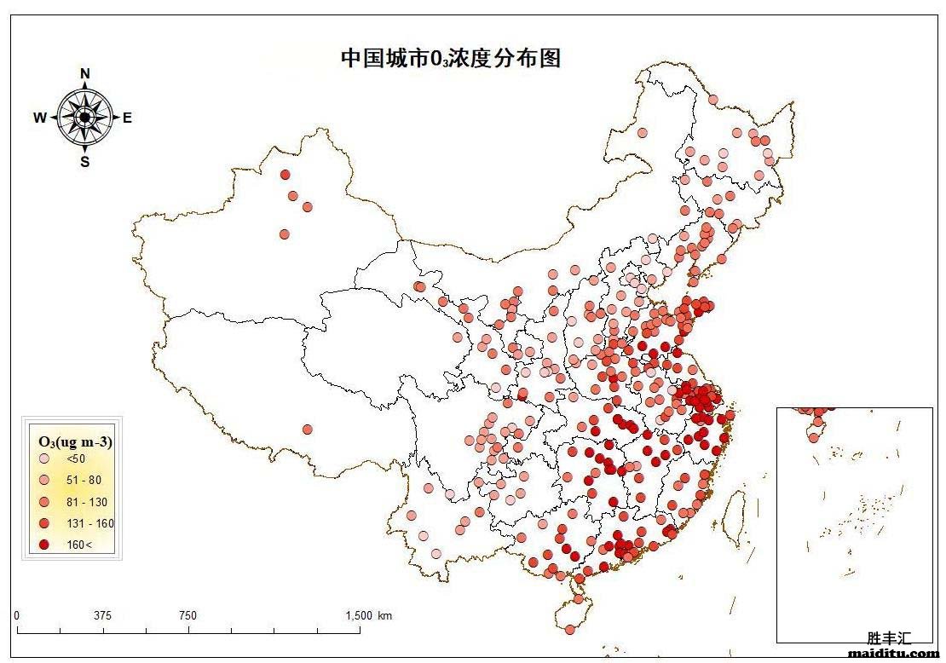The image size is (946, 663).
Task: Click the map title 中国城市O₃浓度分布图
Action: (x=451, y=58)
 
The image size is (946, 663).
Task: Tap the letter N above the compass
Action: (x=85, y=74)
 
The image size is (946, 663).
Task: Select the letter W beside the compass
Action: (x=40, y=118)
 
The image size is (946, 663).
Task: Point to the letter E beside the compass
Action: (x=128, y=118)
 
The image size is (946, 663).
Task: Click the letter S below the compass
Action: (x=85, y=162)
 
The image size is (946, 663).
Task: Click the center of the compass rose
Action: (x=85, y=118)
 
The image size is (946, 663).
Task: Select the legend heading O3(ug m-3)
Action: (x=76, y=441)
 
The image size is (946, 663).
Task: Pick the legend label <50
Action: (x=76, y=459)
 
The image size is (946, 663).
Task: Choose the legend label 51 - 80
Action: (x=84, y=481)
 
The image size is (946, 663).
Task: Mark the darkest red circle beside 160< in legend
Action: (x=43, y=545)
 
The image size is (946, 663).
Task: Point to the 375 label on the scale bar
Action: (x=103, y=616)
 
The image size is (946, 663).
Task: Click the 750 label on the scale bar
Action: (x=188, y=616)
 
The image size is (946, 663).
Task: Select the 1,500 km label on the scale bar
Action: (x=368, y=616)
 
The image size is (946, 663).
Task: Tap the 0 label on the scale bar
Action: (x=17, y=616)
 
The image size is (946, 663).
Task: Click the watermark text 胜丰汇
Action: (x=889, y=637)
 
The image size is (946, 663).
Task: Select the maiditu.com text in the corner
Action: (x=893, y=654)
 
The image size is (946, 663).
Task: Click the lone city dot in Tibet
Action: (x=307, y=429)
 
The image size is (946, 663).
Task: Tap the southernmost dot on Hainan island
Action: (x=569, y=629)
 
